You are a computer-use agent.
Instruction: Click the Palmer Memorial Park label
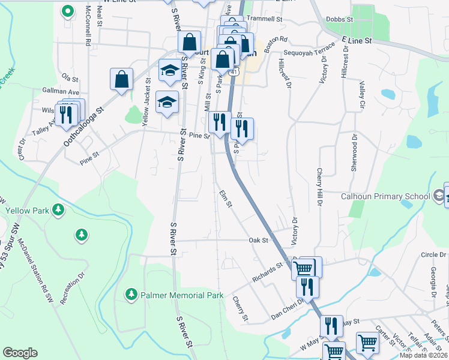click(x=182, y=295)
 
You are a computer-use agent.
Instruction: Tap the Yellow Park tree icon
click(x=58, y=210)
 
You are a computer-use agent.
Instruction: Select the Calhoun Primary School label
click(x=385, y=196)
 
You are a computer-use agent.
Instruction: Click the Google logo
click(x=20, y=353)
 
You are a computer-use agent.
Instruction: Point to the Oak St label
click(x=258, y=240)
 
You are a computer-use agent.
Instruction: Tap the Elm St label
click(x=226, y=199)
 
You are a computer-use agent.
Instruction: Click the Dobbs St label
click(x=340, y=19)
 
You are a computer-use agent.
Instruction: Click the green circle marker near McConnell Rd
click(x=68, y=10)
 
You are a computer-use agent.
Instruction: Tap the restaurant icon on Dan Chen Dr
click(x=307, y=287)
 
